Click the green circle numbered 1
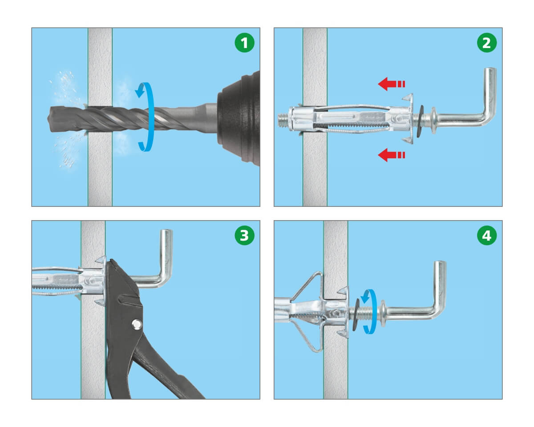244,43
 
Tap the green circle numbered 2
487,43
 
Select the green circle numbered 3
244,235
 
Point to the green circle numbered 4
487,235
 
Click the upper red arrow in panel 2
392,84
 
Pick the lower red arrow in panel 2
392,155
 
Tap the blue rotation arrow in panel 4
369,312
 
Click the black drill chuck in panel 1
239,119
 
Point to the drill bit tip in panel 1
49,119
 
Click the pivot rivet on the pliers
137,324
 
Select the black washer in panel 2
421,117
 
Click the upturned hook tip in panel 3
167,231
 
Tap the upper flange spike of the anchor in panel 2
408,97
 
